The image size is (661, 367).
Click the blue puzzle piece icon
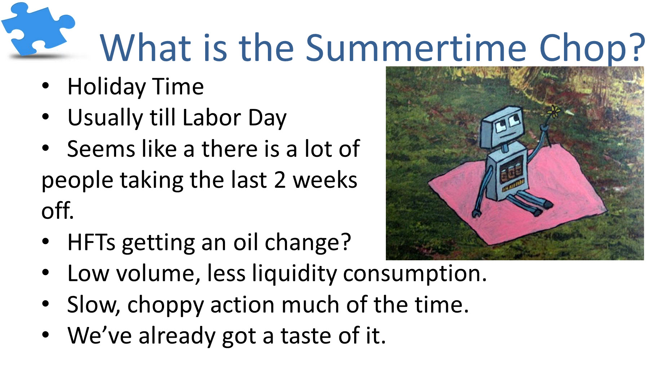pyautogui.click(x=38, y=29)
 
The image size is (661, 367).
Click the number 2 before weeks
pyautogui.click(x=280, y=180)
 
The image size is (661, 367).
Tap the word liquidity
pyautogui.click(x=294, y=274)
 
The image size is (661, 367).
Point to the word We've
pyautogui.click(x=100, y=336)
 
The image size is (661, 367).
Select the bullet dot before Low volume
pyautogui.click(x=45, y=273)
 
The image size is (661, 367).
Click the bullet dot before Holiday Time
pyautogui.click(x=45, y=86)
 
